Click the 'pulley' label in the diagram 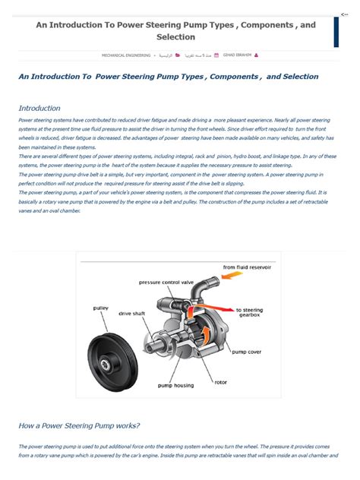pos(100,308)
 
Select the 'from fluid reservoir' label pos(247,267)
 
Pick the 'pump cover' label pos(248,352)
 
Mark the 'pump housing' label pos(175,385)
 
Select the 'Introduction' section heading pos(39,109)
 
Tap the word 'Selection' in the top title pos(175,36)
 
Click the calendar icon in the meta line pos(218,55)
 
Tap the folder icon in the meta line pos(178,55)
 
